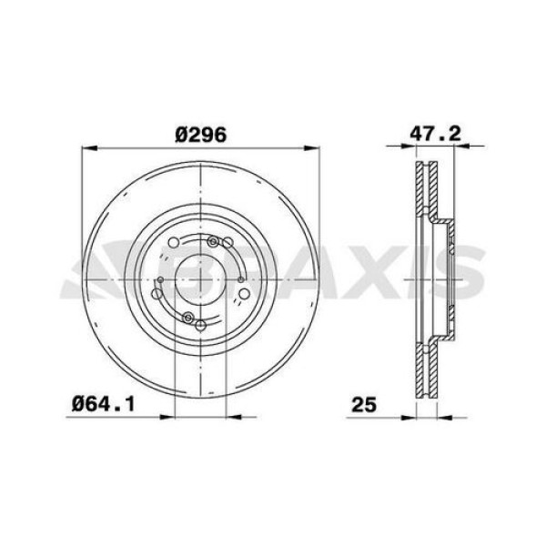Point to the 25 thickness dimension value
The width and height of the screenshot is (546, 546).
[366, 400]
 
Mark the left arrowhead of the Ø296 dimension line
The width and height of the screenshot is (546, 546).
[86, 147]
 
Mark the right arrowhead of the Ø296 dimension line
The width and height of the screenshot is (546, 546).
[313, 147]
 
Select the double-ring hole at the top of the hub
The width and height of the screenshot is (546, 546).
[215, 242]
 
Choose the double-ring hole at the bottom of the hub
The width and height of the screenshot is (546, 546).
[188, 317]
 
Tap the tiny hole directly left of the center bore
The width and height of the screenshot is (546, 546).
[159, 279]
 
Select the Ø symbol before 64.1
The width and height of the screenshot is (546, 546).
[76, 400]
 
